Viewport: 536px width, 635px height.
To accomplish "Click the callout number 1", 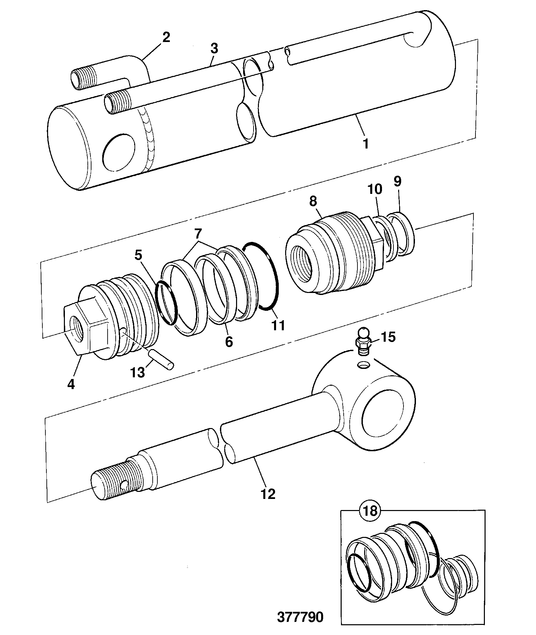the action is coord(366,143).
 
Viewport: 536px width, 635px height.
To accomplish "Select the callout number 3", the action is coord(214,48).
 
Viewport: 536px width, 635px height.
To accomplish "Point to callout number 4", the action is coord(71,383).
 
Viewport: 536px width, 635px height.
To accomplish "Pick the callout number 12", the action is coord(268,494).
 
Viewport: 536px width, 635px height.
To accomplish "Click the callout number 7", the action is coord(198,232).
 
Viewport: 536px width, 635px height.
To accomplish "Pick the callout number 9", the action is coord(397,181).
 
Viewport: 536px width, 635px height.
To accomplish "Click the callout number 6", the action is coord(229,342).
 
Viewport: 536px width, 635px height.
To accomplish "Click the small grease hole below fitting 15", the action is coord(364,364).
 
